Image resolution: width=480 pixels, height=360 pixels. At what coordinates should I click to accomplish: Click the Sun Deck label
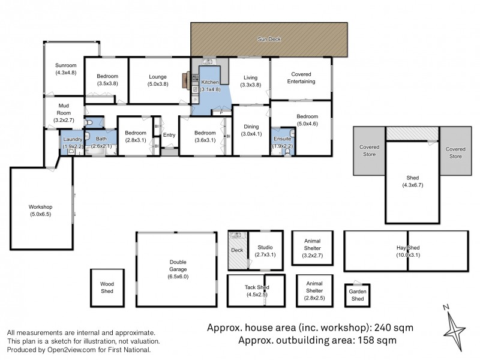(269, 40)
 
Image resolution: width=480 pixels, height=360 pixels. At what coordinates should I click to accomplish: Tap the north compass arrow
(454, 328)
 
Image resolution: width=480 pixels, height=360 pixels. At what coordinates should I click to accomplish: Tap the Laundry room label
(73, 139)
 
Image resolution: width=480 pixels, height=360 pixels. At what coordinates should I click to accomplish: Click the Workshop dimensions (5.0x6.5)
(41, 214)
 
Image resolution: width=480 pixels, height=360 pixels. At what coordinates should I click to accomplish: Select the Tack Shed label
(256, 287)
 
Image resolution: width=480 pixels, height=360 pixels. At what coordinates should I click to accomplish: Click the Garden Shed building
(356, 295)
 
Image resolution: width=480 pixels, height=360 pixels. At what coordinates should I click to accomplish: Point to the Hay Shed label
(407, 248)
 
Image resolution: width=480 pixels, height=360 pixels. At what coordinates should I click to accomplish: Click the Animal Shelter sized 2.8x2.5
(314, 288)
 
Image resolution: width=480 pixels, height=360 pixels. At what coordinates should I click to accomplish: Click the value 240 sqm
(394, 328)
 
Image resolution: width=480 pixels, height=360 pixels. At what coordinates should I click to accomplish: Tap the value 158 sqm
(377, 340)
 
